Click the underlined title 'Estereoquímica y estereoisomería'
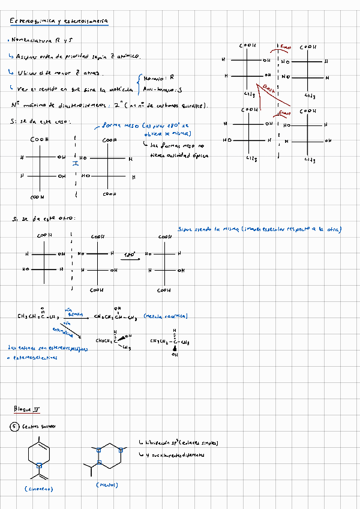point(59,22)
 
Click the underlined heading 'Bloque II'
point(28,409)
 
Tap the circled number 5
point(15,427)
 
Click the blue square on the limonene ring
point(39,464)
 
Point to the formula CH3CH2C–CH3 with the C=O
point(40,316)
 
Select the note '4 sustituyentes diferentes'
point(177,454)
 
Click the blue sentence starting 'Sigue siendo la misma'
point(260,229)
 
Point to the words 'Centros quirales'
point(38,427)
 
